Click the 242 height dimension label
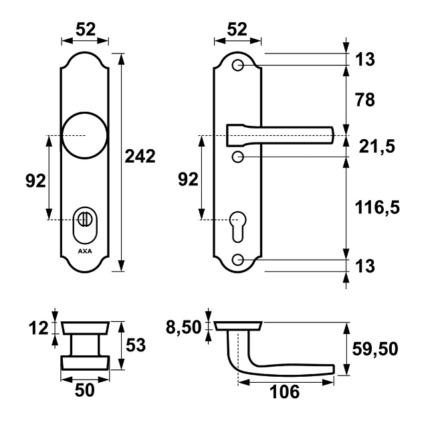click(140, 157)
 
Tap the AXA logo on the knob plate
click(85, 251)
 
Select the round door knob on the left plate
click(84, 136)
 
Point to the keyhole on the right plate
click(237, 227)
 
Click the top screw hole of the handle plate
click(237, 66)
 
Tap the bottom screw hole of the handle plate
click(237, 260)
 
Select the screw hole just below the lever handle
click(237, 157)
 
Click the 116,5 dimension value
click(377, 208)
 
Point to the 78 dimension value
click(365, 100)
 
